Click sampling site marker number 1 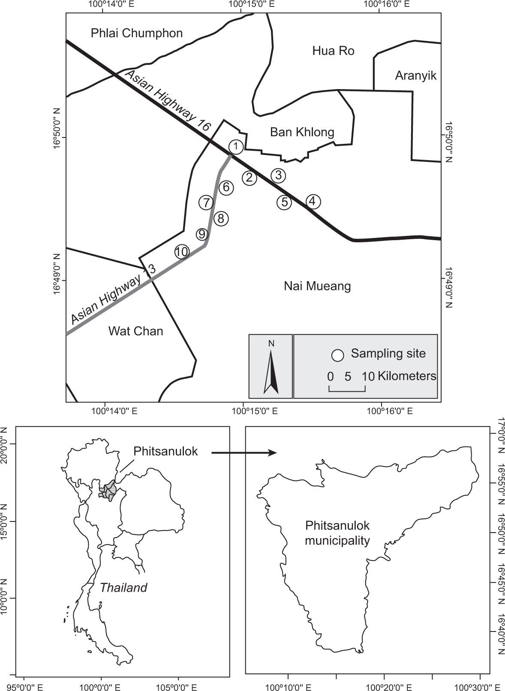[x=236, y=146]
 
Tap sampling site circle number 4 [x=313, y=201]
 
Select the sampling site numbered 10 [x=182, y=252]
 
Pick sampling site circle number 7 [x=206, y=203]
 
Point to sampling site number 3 [x=278, y=175]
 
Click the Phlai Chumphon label [x=137, y=33]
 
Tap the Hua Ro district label [x=333, y=51]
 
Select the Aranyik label [x=415, y=76]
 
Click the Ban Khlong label [x=302, y=132]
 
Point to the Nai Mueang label [x=317, y=286]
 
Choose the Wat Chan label [x=135, y=331]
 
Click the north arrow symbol [x=271, y=371]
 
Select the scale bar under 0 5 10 [x=347, y=389]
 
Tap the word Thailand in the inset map [x=123, y=587]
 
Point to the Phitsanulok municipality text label [x=337, y=533]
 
